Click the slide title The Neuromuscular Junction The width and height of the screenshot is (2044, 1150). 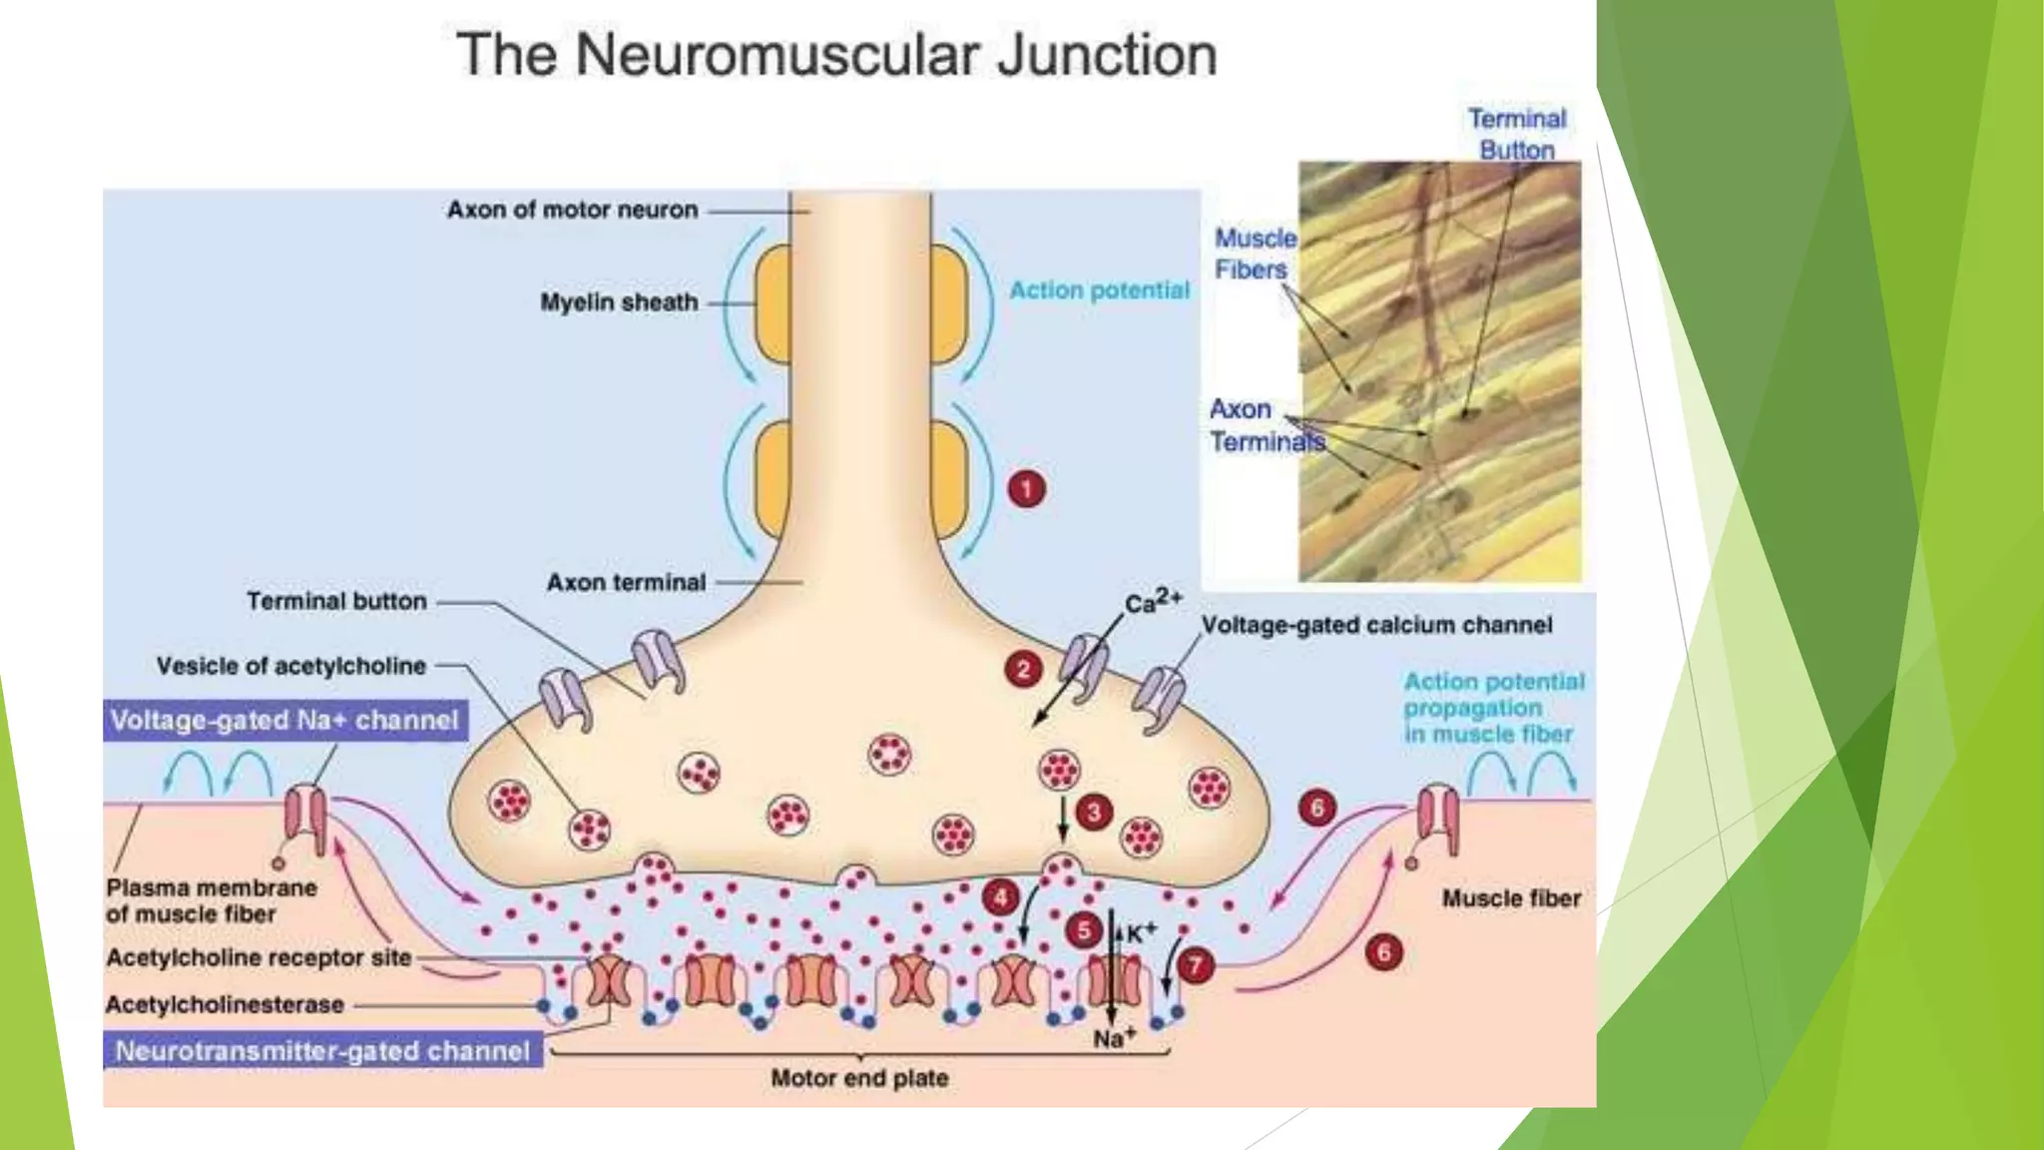click(836, 54)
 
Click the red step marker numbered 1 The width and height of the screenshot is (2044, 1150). click(1026, 489)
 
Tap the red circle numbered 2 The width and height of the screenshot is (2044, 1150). click(1023, 670)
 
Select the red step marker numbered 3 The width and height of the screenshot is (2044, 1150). click(1094, 813)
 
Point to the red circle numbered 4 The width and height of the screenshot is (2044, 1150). click(1000, 896)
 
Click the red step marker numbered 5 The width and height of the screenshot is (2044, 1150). click(1084, 930)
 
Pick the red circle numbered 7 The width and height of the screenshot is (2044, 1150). click(1196, 965)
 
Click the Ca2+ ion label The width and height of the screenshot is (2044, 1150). click(1153, 602)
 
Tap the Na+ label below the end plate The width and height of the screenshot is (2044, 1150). click(1114, 1039)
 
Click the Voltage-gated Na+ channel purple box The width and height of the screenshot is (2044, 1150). click(284, 720)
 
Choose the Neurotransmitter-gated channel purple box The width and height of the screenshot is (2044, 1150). click(322, 1051)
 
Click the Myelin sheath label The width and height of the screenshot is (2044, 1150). click(619, 302)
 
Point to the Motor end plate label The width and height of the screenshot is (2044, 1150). click(859, 1078)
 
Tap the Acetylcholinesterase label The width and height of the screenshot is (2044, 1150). click(226, 1004)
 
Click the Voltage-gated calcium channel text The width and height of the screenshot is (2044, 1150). click(1376, 625)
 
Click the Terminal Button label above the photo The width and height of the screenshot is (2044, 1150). click(1517, 134)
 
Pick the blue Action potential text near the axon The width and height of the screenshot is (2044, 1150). click(1099, 290)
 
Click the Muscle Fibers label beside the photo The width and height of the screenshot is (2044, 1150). click(1254, 254)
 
